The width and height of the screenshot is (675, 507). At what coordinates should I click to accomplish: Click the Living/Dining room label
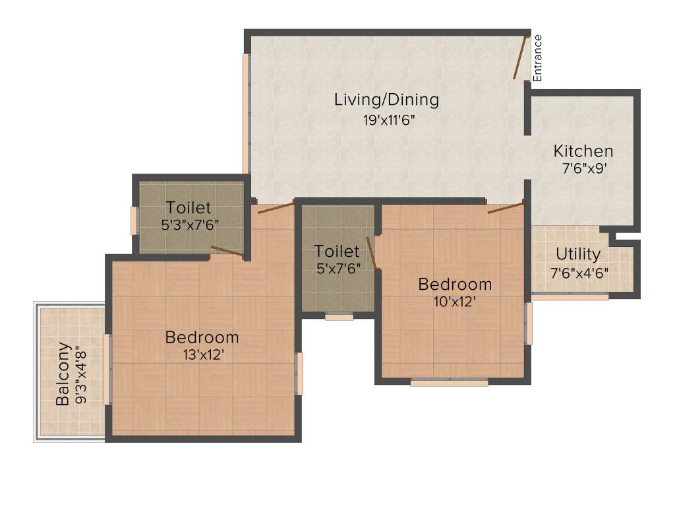coord(386,100)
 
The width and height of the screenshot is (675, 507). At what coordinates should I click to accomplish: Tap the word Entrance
coord(537,57)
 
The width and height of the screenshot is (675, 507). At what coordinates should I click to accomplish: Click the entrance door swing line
coord(521,58)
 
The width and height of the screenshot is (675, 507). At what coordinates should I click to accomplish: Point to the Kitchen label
coord(583,151)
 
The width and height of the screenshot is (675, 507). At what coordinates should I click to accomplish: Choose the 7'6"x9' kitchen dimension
coord(583,168)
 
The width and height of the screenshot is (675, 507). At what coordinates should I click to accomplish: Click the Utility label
coord(577,254)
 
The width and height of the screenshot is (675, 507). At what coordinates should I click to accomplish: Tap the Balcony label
coord(63,374)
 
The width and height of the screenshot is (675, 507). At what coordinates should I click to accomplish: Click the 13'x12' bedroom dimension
coord(202,354)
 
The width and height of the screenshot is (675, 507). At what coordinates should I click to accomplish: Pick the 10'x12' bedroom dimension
coord(455,301)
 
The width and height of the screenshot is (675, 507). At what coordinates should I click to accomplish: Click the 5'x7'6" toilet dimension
coord(337,269)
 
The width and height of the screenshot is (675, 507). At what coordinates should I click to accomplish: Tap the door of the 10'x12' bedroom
coord(506,209)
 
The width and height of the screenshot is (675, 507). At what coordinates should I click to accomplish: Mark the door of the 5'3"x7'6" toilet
coord(227,251)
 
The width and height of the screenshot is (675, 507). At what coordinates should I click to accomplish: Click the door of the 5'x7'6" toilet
coord(372,253)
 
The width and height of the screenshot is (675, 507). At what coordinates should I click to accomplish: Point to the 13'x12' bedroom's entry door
coord(276,209)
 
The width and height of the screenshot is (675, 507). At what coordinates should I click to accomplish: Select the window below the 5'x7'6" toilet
coord(339,317)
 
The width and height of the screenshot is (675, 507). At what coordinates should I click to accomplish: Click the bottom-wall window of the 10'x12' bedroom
coord(449,382)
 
